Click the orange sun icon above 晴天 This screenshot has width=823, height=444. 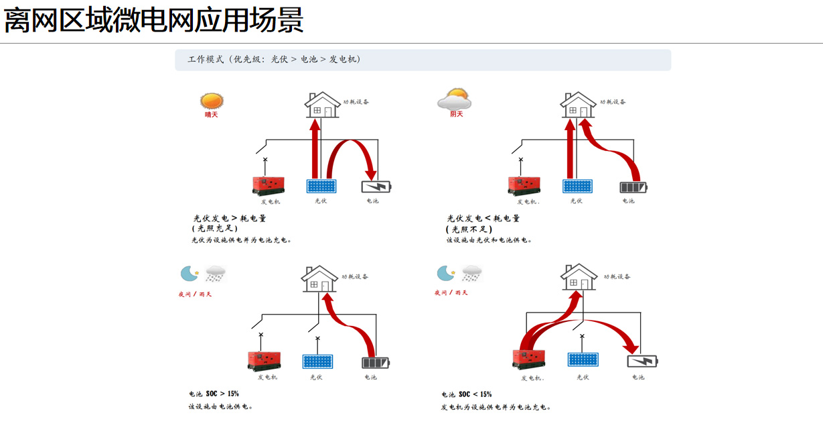(x=211, y=101)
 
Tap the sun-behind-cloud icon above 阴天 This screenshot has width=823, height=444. (x=455, y=99)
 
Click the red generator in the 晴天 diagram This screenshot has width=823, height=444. (x=269, y=185)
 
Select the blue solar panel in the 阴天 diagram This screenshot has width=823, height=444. (x=577, y=186)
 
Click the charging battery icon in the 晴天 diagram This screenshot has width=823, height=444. (x=376, y=186)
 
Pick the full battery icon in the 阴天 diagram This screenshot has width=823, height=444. (x=633, y=187)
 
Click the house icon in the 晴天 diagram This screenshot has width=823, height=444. (x=322, y=105)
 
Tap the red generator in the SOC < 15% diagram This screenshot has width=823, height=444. (x=528, y=359)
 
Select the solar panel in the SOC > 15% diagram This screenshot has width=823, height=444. (x=317, y=362)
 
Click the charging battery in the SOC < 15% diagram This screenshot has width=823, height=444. (x=642, y=362)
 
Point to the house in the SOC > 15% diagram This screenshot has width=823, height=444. (x=319, y=278)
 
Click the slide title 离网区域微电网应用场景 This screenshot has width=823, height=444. (x=154, y=21)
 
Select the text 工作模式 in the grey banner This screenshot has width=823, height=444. (x=205, y=60)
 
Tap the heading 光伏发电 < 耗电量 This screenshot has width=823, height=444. (x=483, y=218)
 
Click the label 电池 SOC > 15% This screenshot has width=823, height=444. (x=214, y=394)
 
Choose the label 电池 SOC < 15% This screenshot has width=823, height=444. (x=466, y=394)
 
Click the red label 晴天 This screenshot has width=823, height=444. (x=211, y=115)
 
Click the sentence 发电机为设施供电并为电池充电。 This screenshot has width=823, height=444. (x=496, y=407)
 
